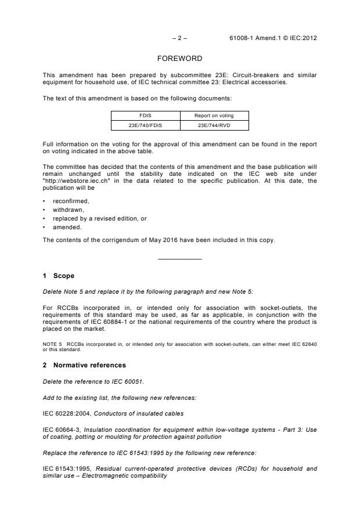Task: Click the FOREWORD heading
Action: pos(179,59)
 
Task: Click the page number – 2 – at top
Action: pos(179,38)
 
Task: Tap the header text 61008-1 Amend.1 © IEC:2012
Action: pos(273,38)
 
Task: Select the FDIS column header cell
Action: pos(145,115)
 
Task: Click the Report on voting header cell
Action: pos(214,115)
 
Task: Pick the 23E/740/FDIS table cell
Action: pos(145,124)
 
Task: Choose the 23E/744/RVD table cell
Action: pos(214,124)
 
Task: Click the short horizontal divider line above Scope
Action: pos(179,258)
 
